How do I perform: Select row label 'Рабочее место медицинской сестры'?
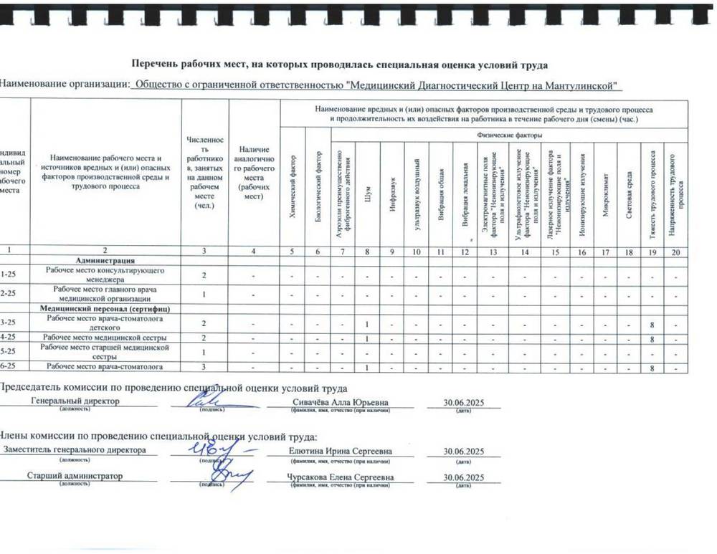pyautogui.click(x=105, y=337)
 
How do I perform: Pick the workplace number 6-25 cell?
pyautogui.click(x=10, y=367)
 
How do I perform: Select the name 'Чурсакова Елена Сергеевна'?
pyautogui.click(x=340, y=477)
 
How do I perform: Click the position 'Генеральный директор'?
pyautogui.click(x=75, y=401)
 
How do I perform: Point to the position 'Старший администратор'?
pyautogui.click(x=75, y=476)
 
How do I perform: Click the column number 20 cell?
pyautogui.click(x=675, y=252)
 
